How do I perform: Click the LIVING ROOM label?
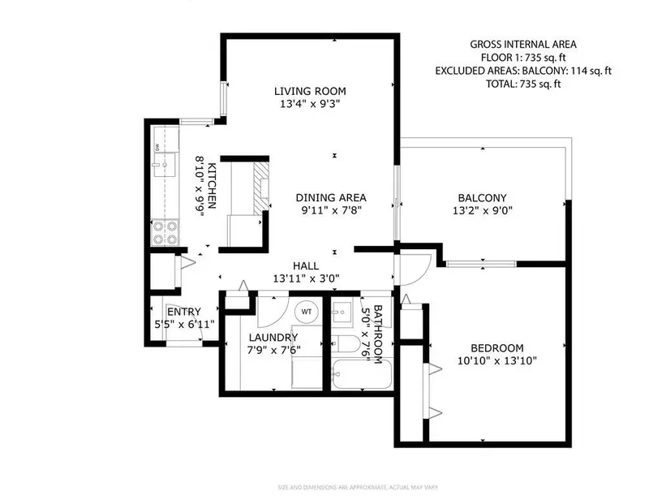tap(310, 91)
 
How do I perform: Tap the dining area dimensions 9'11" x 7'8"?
tap(331, 211)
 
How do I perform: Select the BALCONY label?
tap(482, 197)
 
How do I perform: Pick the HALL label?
tap(306, 265)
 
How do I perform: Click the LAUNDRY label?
tap(273, 338)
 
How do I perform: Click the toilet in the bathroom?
tap(347, 345)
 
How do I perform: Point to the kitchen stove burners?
tap(165, 233)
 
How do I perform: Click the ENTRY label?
tap(183, 312)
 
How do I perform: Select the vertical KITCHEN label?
tap(210, 185)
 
